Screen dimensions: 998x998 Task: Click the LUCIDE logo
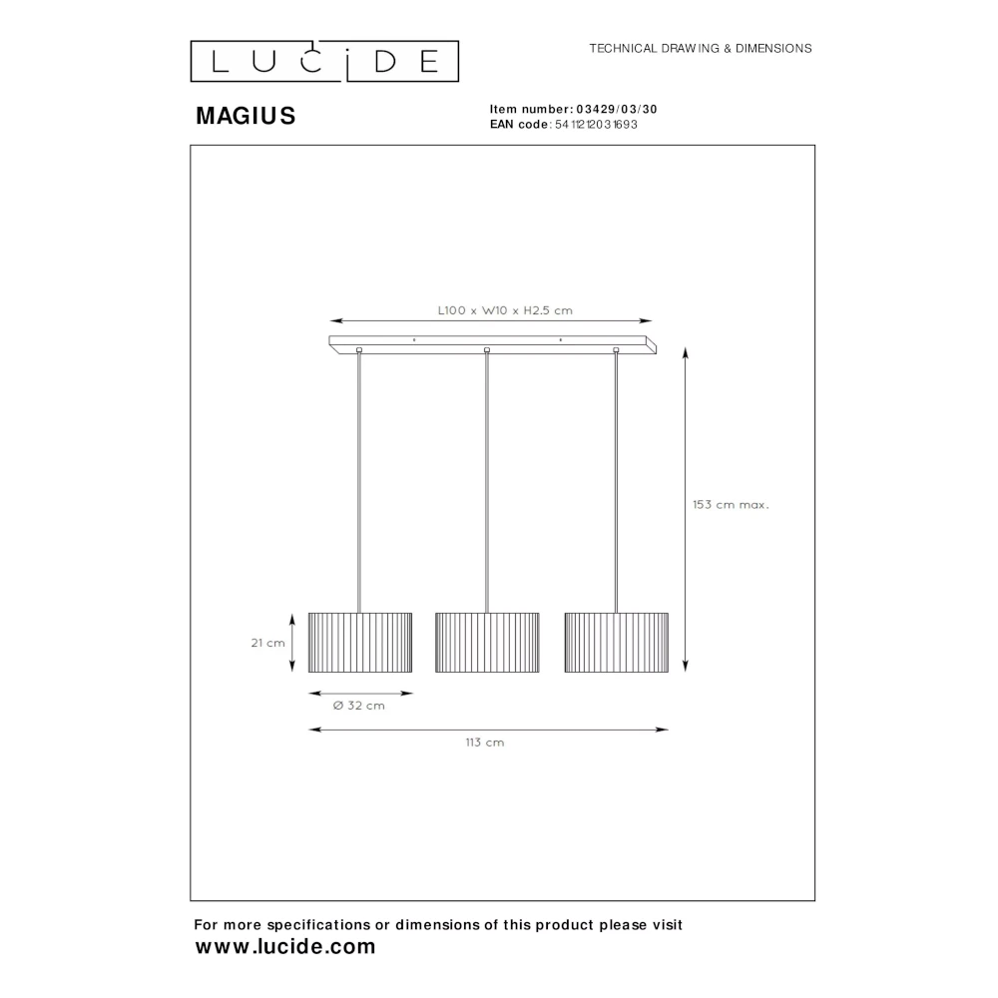(x=324, y=62)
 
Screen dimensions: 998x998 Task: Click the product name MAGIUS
(x=246, y=116)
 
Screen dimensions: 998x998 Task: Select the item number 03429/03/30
(x=617, y=109)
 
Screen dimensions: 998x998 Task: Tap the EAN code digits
(x=596, y=125)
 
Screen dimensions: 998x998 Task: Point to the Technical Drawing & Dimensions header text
(x=701, y=48)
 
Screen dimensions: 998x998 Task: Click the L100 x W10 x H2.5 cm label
(x=505, y=310)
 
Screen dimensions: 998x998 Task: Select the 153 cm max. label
(x=731, y=505)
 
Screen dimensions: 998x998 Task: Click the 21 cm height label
(x=267, y=643)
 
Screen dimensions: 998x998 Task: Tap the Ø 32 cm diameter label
(x=359, y=706)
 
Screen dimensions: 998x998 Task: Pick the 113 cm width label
(x=484, y=743)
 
